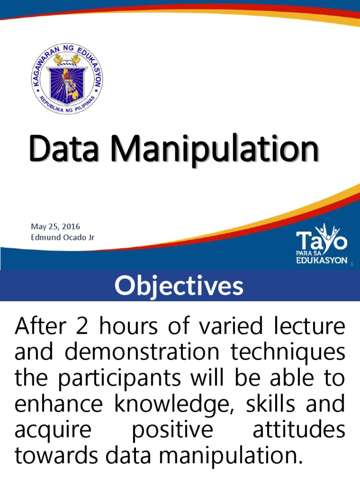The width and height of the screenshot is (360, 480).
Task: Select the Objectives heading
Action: click(x=180, y=285)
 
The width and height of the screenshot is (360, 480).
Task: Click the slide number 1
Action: click(x=351, y=265)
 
